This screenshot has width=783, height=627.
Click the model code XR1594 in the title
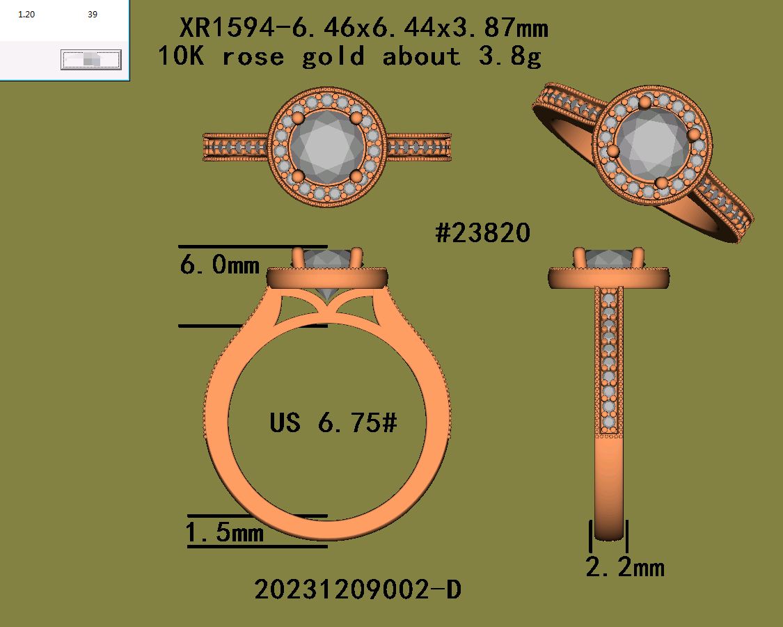pos(227,27)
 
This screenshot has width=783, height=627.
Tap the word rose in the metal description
pos(253,56)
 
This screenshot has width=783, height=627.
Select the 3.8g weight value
pos(510,56)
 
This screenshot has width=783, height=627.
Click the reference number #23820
pos(482,233)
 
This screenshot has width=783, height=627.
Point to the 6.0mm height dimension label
pos(220,264)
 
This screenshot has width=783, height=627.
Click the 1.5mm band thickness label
pos(224,532)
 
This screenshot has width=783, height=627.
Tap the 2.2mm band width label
pos(625,568)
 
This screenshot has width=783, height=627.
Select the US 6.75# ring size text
pos(333,423)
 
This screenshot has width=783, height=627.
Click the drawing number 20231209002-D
pos(358,589)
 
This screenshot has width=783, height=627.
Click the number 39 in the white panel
pos(93,15)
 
